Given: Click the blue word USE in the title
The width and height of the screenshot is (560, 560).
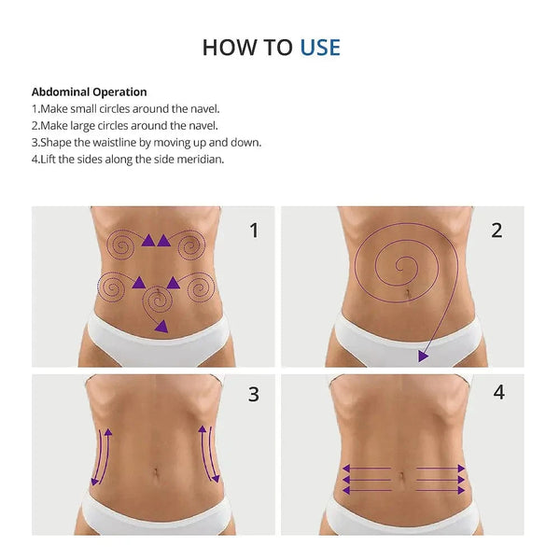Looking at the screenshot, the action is point(320,48).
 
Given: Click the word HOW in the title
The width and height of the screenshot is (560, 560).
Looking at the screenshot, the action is point(230,48).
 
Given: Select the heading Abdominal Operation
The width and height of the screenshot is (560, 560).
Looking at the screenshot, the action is point(90,91).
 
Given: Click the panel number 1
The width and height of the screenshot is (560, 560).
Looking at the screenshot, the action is point(254,231).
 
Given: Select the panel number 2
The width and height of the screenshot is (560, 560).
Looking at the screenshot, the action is point(497,231).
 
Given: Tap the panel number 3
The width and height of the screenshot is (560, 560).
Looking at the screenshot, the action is point(254,394).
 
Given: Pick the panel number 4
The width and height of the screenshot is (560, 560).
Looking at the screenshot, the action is point(499,392).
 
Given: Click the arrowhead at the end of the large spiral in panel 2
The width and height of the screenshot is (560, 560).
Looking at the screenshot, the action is point(423,357).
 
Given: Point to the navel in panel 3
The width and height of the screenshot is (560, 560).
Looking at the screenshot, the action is point(156,472).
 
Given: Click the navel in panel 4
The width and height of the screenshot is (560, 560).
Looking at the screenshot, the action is point(402,476).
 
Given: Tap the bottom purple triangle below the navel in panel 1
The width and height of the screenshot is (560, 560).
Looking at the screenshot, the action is point(161,327).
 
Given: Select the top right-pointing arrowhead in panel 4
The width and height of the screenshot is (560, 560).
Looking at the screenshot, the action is point(461,469).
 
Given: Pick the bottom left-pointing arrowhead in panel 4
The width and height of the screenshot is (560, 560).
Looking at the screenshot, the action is point(346,490).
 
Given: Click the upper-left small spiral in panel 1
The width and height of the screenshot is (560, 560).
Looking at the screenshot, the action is point(120,245).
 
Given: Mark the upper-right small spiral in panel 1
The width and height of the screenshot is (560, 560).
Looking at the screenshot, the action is point(191,245).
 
